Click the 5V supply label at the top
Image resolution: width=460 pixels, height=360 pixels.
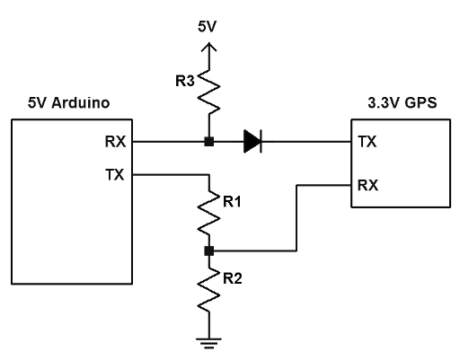tap(207, 27)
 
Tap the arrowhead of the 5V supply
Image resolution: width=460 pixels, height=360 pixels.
tap(208, 48)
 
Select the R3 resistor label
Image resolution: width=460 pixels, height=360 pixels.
tap(185, 81)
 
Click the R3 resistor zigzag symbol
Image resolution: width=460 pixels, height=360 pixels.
tap(208, 92)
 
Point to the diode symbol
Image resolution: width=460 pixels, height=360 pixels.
tap(252, 142)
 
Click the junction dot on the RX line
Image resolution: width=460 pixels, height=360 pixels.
tap(209, 142)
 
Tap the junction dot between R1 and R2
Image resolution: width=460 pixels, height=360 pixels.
tap(209, 251)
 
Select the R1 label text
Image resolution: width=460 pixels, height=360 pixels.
tap(232, 202)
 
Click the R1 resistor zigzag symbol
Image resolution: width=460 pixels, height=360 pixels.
tap(208, 213)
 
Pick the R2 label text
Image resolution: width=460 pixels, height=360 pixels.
tap(233, 279)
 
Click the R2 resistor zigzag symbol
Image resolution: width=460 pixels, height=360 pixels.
tap(208, 290)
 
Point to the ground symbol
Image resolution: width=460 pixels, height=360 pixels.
tap(208, 344)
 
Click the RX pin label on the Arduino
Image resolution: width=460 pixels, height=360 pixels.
tap(116, 142)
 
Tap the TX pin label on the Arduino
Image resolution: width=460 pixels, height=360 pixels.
tap(115, 175)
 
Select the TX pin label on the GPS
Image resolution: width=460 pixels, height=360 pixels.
tap(367, 142)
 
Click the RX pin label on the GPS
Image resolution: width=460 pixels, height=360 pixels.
tap(368, 186)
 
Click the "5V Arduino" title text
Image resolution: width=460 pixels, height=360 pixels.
tap(69, 103)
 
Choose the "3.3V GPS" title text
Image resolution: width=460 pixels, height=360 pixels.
tap(402, 103)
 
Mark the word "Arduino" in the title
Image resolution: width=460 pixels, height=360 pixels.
tap(81, 103)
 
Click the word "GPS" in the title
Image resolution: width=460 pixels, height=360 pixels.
tap(420, 103)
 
